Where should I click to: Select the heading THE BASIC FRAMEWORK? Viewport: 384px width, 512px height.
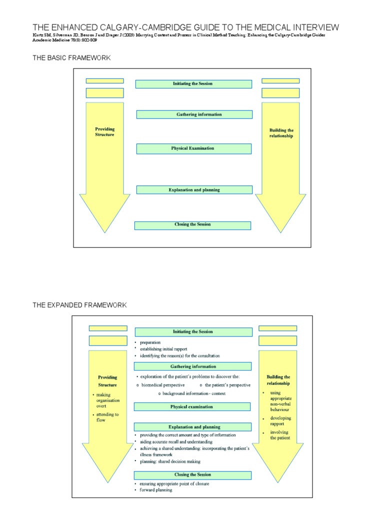pyautogui.click(x=71, y=58)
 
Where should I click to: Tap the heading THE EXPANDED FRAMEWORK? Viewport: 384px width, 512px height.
pyautogui.click(x=80, y=305)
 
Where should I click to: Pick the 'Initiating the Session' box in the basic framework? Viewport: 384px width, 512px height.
pyautogui.click(x=193, y=83)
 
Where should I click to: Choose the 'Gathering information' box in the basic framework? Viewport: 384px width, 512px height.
pyautogui.click(x=193, y=114)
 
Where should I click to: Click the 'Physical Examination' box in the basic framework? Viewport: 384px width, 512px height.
pyautogui.click(x=193, y=148)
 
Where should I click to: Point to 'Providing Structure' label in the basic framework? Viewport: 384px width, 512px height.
pyautogui.click(x=104, y=131)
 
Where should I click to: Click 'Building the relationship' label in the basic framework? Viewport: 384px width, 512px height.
pyautogui.click(x=280, y=133)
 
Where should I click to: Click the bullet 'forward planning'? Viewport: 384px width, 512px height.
pyautogui.click(x=156, y=490)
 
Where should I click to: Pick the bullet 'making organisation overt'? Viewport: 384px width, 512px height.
pyautogui.click(x=107, y=400)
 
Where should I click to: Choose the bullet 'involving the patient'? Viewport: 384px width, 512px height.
pyautogui.click(x=279, y=434)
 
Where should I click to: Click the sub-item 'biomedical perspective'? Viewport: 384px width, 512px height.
pyautogui.click(x=163, y=385)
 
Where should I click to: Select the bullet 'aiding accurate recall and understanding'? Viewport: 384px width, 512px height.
pyautogui.click(x=176, y=442)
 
